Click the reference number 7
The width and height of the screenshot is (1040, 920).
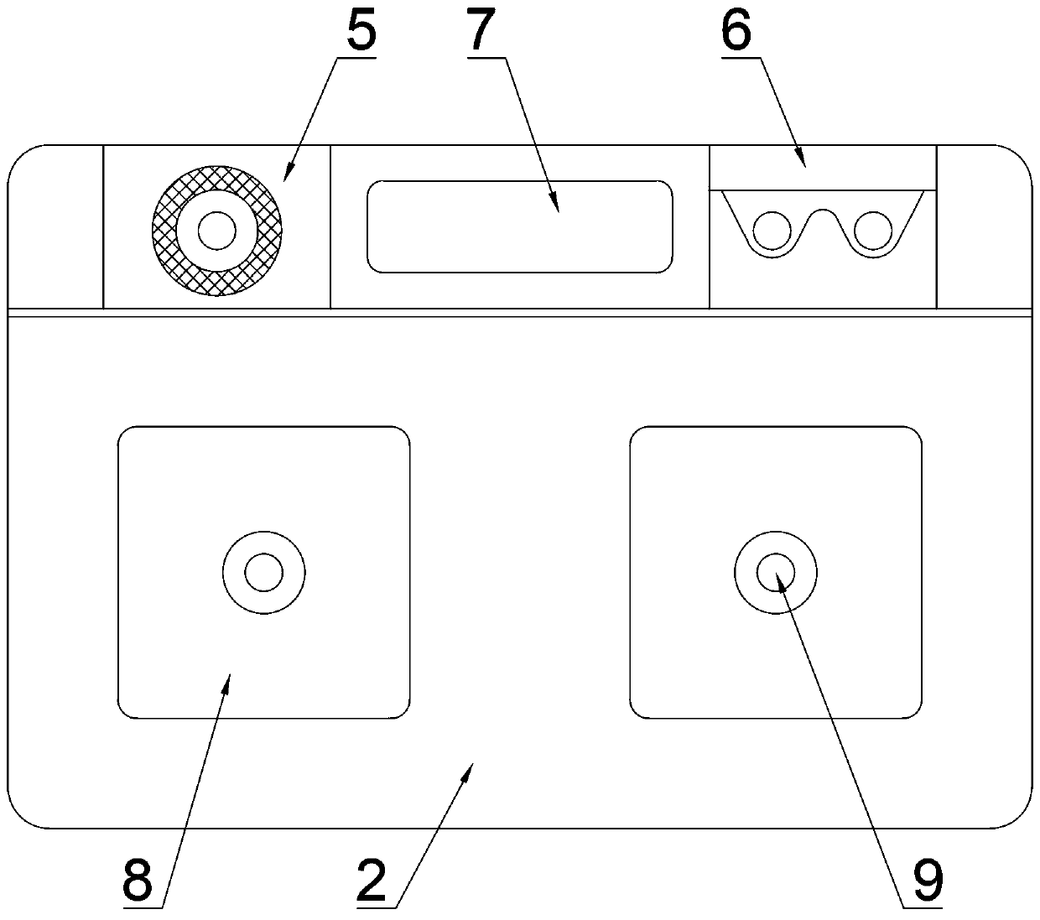coord(482,31)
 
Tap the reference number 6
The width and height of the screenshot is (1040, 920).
coord(736,31)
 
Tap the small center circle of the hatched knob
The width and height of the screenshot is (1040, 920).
coord(216,229)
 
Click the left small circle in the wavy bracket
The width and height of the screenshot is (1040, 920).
coord(772,228)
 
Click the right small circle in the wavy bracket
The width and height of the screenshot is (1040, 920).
coord(872,228)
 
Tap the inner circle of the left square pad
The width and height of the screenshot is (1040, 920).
coord(263,573)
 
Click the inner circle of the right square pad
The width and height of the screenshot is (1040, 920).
coord(775,573)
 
